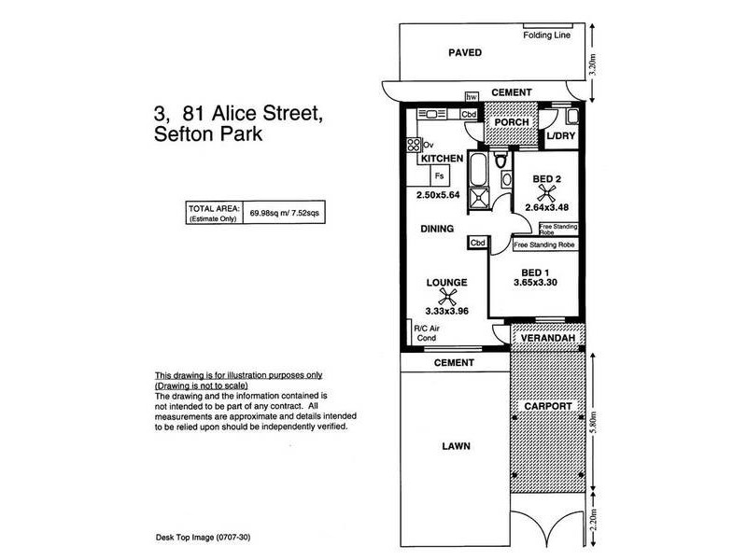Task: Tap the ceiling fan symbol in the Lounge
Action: click(x=447, y=297)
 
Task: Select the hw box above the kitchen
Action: click(x=472, y=97)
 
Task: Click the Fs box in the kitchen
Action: click(x=439, y=175)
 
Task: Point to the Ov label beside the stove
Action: click(x=428, y=145)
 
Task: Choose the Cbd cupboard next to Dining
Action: click(x=477, y=243)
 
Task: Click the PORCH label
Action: click(x=512, y=122)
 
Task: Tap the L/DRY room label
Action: click(x=561, y=135)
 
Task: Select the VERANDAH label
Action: click(x=548, y=338)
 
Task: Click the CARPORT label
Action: click(x=548, y=406)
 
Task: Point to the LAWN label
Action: click(x=456, y=446)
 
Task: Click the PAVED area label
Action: click(x=465, y=52)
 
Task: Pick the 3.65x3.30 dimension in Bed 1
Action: click(x=535, y=283)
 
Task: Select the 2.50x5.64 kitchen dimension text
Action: click(x=438, y=195)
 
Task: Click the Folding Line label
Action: click(x=546, y=35)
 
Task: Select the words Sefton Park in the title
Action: click(x=207, y=133)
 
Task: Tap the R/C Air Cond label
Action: click(x=427, y=333)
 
